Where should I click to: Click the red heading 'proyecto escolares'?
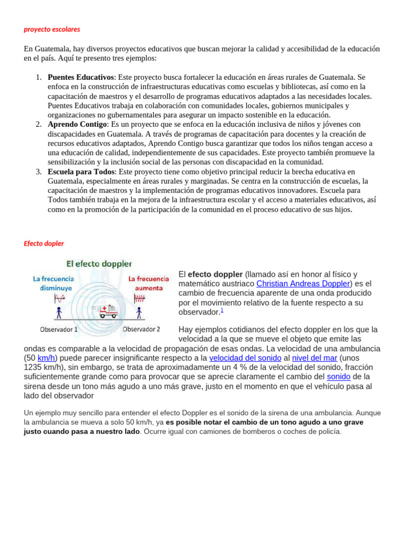(x=52, y=29)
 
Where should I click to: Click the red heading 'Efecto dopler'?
(x=44, y=244)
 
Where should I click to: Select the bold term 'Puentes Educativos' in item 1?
(x=81, y=77)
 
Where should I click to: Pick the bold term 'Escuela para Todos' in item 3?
(x=81, y=172)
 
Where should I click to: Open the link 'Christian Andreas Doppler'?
(x=303, y=284)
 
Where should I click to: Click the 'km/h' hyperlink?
(x=47, y=358)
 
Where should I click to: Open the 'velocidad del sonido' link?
(x=245, y=358)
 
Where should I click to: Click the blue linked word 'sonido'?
(x=338, y=377)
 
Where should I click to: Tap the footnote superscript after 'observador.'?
(x=222, y=311)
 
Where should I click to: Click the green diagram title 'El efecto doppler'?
(x=99, y=263)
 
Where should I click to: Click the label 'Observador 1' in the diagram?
(x=59, y=329)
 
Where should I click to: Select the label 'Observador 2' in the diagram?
(x=141, y=329)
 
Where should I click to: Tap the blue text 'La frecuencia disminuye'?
(x=53, y=283)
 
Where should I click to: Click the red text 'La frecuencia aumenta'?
(x=149, y=283)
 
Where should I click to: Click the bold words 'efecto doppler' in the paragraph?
(x=215, y=274)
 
